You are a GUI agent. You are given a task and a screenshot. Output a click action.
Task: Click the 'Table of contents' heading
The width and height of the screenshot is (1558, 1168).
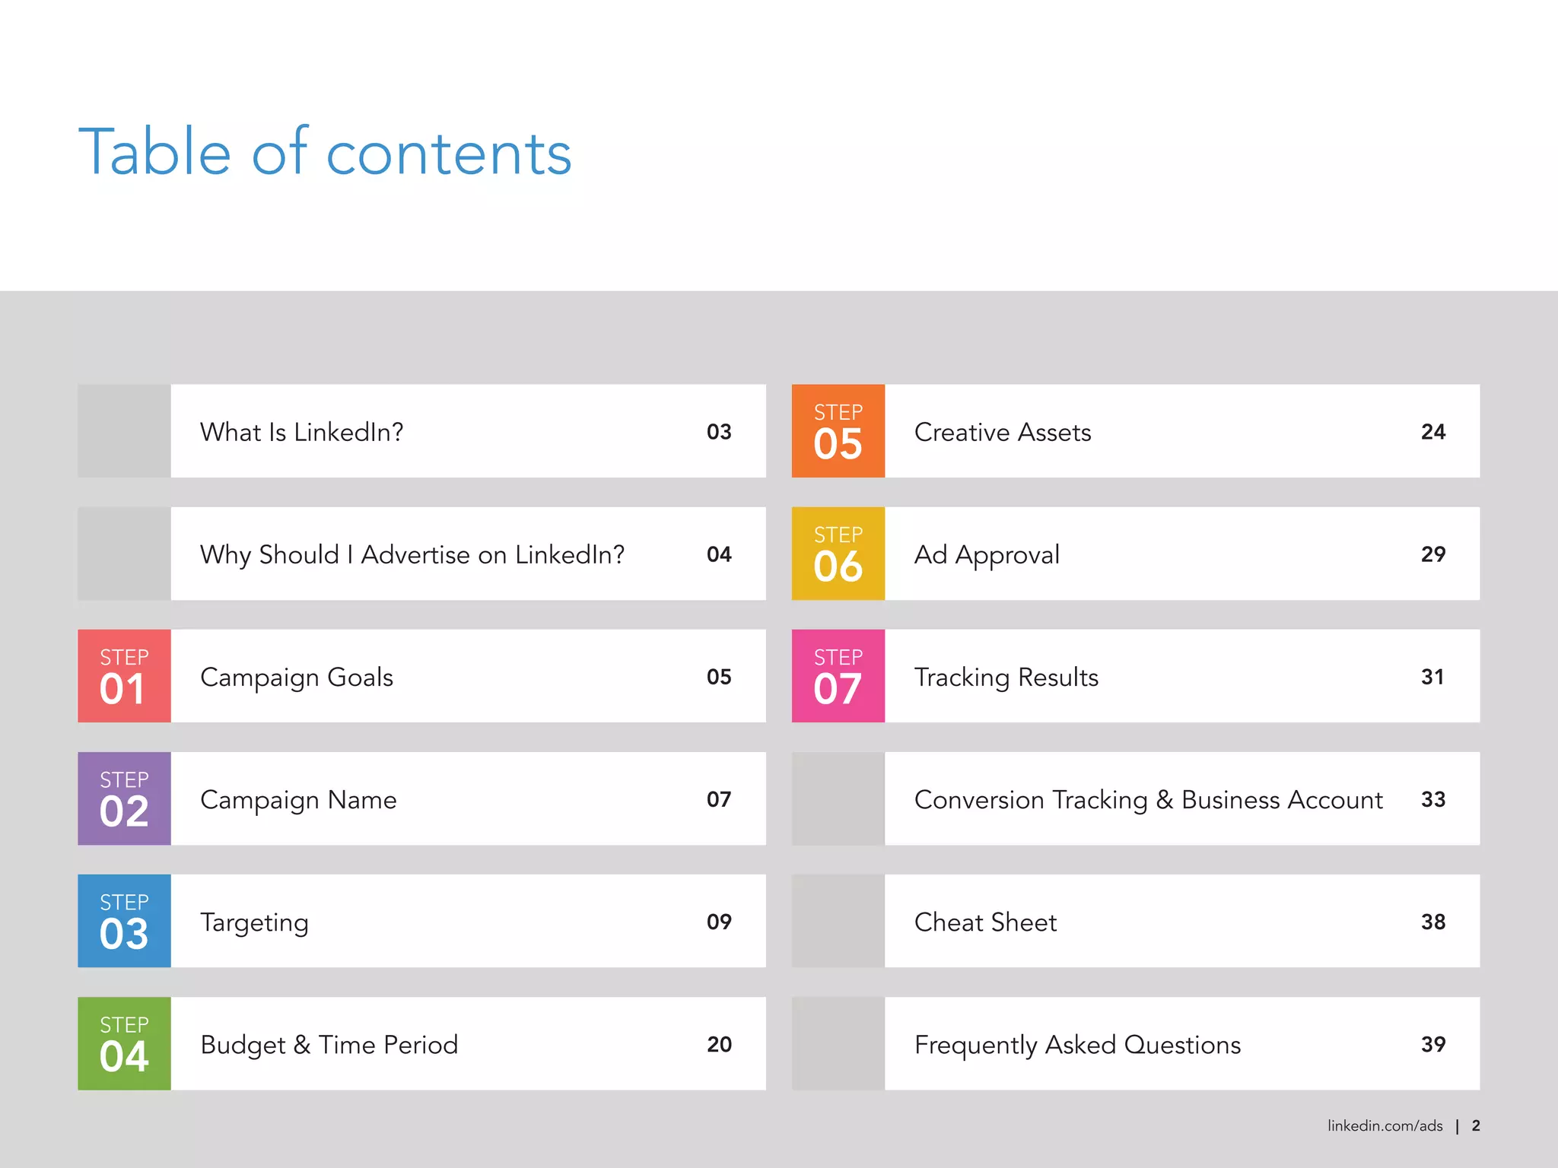[325, 152]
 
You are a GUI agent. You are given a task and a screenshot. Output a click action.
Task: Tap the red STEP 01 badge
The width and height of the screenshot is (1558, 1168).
[124, 676]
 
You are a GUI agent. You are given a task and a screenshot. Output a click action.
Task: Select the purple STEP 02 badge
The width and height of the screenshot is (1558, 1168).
[124, 798]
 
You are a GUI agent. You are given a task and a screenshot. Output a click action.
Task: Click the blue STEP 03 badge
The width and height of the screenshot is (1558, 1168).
[124, 921]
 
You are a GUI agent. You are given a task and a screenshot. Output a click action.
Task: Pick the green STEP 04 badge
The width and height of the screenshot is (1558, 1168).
[124, 1043]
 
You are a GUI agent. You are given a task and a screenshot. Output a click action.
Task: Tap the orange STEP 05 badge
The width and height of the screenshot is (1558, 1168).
[838, 431]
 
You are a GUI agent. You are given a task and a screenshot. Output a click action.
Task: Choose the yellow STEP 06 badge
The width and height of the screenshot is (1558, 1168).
[838, 554]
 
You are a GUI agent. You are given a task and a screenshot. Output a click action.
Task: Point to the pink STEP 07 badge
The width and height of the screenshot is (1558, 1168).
[838, 676]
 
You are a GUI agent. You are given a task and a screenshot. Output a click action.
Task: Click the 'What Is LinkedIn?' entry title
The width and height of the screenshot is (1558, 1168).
[301, 432]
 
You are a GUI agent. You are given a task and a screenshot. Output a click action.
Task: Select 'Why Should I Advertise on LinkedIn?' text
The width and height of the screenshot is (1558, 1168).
[412, 554]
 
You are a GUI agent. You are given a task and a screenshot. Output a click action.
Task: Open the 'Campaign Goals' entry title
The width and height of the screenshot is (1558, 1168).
[297, 677]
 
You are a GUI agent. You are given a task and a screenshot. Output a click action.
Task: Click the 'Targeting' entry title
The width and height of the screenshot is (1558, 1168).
[254, 922]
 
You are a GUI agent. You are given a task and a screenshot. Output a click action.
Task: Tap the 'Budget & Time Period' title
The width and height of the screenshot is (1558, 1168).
[329, 1045]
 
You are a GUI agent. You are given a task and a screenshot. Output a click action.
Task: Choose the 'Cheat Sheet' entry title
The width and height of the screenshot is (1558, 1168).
[985, 922]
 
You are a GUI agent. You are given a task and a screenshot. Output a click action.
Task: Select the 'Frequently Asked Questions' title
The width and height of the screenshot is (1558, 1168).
[1077, 1045]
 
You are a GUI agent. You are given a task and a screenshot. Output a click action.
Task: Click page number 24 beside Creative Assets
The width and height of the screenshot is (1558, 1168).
[1433, 432]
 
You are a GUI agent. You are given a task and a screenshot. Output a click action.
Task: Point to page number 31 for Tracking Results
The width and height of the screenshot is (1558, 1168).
[1432, 677]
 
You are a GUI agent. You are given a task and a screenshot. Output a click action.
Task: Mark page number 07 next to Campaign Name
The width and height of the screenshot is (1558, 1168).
[719, 799]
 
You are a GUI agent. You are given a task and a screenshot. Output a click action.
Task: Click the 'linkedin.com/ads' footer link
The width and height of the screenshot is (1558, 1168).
[1385, 1126]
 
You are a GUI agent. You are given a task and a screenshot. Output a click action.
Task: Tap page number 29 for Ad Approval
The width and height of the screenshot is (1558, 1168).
[1433, 554]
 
